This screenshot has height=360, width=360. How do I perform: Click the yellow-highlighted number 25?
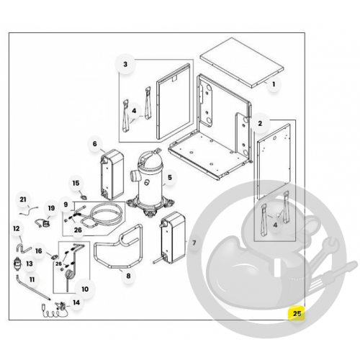tap(297, 314)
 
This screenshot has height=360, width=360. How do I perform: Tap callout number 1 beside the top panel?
tap(274, 84)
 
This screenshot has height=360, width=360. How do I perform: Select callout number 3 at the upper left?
tap(125, 64)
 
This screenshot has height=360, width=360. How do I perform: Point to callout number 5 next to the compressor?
tap(170, 178)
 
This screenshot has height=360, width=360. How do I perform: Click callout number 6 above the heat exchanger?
tap(95, 144)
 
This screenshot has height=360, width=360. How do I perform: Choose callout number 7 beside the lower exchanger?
tap(194, 243)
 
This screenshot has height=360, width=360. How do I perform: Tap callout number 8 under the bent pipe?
tap(128, 276)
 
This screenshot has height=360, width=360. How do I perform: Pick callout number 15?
tap(76, 184)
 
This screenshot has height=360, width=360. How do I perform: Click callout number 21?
tap(23, 199)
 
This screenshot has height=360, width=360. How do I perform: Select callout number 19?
tap(51, 208)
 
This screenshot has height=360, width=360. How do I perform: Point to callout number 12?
tap(17, 228)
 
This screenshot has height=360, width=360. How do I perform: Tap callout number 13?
tap(30, 264)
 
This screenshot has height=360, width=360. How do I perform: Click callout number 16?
tap(39, 251)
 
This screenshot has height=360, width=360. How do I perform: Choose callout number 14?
tap(76, 302)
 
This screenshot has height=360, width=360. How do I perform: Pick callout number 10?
tap(85, 289)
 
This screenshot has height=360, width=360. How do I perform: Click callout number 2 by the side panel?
tap(260, 124)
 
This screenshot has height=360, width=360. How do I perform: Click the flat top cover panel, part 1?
tap(242, 63)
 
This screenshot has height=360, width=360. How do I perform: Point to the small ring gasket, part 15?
tap(84, 197)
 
